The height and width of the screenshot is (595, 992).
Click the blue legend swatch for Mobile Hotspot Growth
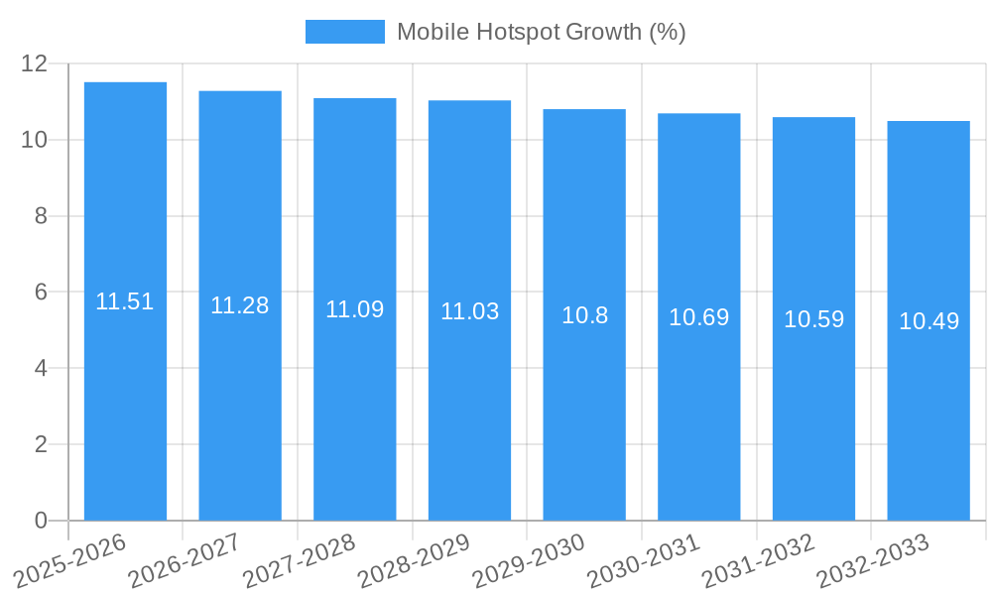point(344,32)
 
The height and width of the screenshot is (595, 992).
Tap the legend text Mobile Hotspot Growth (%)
point(541,32)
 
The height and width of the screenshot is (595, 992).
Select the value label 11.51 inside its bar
point(125,301)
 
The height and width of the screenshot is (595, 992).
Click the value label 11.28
point(240,305)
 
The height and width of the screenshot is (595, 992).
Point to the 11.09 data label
point(355,309)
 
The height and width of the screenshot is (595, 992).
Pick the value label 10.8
point(584,315)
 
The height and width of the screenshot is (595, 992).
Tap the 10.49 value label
point(929,321)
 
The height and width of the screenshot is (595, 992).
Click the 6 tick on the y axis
point(41,293)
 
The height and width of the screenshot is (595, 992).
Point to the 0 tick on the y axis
point(41,521)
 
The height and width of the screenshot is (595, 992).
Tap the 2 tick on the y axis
point(41,444)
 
